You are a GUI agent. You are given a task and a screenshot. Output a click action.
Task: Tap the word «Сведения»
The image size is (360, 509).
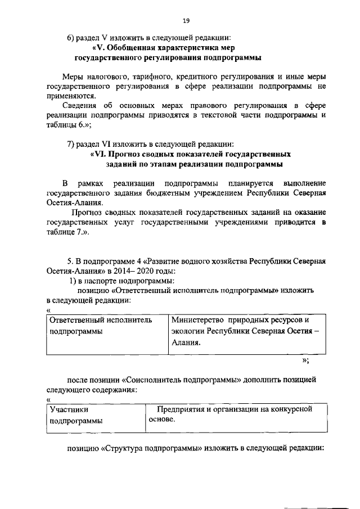click(x=83, y=105)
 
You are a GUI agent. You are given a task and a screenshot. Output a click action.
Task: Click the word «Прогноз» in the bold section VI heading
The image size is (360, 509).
click(x=130, y=154)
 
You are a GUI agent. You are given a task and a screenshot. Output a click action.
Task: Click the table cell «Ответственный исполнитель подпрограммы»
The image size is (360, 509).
click(x=101, y=326)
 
